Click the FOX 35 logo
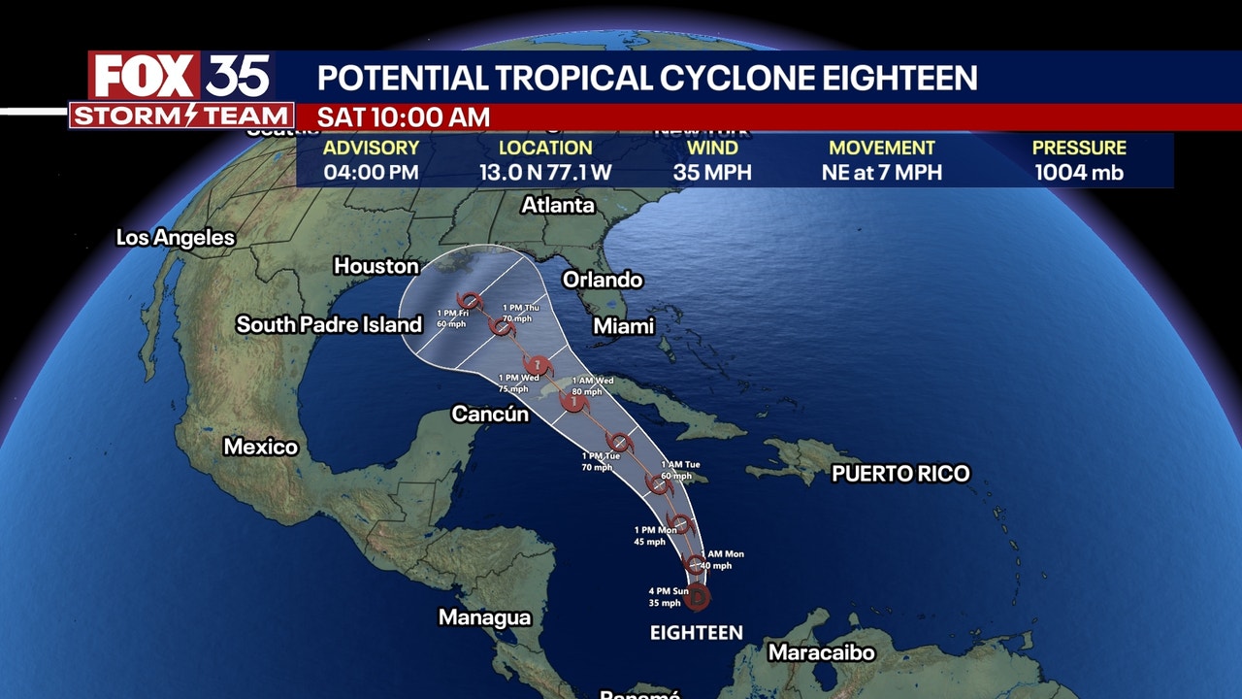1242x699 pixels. point(180,76)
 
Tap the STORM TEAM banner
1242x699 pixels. point(181,116)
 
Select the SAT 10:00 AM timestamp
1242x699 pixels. point(403,117)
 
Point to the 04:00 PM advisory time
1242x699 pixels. point(371,174)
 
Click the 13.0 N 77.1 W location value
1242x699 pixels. point(545,174)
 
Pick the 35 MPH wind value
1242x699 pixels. point(712,174)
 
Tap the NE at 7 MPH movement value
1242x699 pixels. point(881,174)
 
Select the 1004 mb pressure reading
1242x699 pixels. point(1079,174)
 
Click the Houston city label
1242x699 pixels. point(376,266)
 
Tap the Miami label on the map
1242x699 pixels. point(624,326)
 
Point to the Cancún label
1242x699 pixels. point(490,415)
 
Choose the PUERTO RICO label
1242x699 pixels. point(900,474)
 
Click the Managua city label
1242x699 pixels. point(484,617)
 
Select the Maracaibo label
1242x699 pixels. point(822,652)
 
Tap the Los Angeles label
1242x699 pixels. point(176,238)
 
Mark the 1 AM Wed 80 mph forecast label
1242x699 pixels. point(592,385)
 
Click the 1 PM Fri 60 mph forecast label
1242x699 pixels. point(451,318)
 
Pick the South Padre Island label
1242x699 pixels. point(329,325)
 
